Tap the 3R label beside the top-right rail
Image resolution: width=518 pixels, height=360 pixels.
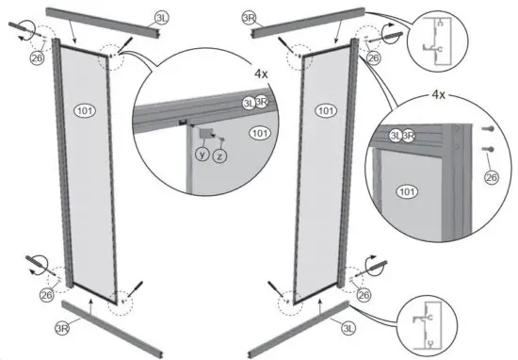pyautogui.click(x=248, y=18)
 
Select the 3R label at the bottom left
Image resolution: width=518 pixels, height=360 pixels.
pyautogui.click(x=62, y=328)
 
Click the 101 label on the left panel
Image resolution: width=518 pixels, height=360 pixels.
pyautogui.click(x=84, y=111)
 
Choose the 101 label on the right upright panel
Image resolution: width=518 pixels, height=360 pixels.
pyautogui.click(x=326, y=111)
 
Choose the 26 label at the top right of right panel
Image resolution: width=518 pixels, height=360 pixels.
pyautogui.click(x=373, y=58)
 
